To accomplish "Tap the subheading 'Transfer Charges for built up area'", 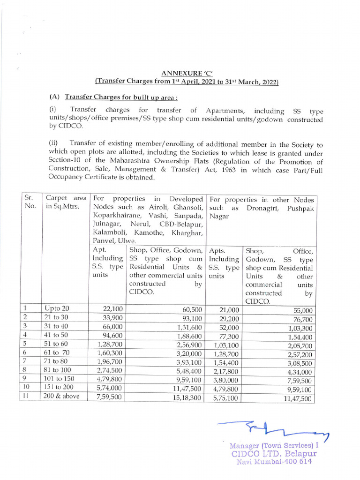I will tap(121, 97).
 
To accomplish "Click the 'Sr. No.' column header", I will tap(30, 203).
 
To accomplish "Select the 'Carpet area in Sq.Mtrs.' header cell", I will tap(66, 203).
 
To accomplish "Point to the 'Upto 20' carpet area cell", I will tap(57, 308).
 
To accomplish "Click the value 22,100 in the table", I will tap(112, 309).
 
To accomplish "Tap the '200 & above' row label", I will tap(61, 397).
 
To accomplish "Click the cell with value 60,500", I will tap(192, 309).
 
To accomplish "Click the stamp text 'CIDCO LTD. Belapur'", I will tap(274, 454).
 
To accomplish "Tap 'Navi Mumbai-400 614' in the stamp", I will tap(274, 462).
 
